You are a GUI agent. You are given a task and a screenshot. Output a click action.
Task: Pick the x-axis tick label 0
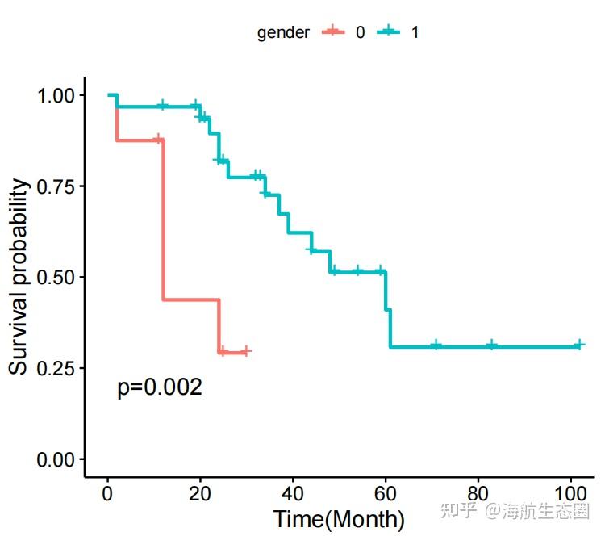click(x=107, y=493)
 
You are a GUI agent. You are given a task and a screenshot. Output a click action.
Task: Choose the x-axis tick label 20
click(x=200, y=493)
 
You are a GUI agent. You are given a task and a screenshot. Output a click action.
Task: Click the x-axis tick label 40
click(x=293, y=493)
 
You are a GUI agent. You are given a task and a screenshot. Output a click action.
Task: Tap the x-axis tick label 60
click(x=386, y=493)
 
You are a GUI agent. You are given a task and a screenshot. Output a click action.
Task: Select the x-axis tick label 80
click(x=478, y=493)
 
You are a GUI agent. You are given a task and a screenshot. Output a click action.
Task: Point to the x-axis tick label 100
click(x=571, y=493)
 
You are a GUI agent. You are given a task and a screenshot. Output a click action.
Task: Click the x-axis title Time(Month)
click(x=339, y=518)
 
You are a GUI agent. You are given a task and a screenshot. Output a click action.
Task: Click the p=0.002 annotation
click(x=160, y=387)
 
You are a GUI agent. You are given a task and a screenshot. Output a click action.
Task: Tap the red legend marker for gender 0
click(x=332, y=32)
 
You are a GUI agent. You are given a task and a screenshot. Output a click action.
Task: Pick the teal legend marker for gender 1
click(x=390, y=32)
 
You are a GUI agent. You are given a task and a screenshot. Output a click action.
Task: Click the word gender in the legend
click(x=283, y=33)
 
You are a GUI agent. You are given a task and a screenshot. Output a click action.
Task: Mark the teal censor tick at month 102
click(x=579, y=345)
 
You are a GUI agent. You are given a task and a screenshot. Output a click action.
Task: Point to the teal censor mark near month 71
click(x=436, y=345)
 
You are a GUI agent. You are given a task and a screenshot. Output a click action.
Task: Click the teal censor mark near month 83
click(x=491, y=345)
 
